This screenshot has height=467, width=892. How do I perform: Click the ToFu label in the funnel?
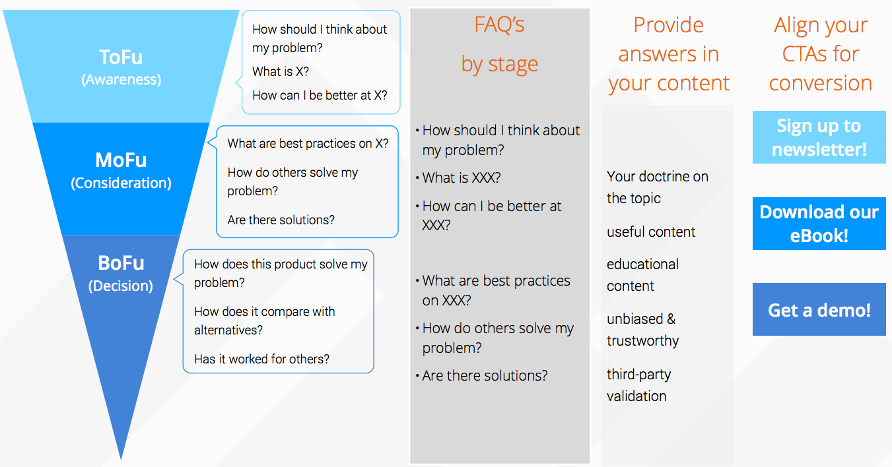point(121,57)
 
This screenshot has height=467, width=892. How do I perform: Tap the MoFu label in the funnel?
point(121,160)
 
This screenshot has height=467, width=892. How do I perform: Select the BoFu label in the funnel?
point(121,263)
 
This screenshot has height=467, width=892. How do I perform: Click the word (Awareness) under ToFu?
point(121,80)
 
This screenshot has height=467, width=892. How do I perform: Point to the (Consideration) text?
point(121,183)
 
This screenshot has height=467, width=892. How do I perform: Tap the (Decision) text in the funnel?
point(121,286)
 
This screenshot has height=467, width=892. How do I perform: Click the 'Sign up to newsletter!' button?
point(819,137)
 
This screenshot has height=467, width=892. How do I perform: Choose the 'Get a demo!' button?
point(819,309)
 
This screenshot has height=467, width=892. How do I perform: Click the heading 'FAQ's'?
point(499,24)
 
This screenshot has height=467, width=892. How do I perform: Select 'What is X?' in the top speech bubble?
point(281,72)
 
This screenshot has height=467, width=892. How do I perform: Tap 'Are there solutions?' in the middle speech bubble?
point(281,220)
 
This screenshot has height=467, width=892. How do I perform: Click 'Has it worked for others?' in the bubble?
point(261,359)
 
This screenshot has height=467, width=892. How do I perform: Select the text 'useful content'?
point(651,232)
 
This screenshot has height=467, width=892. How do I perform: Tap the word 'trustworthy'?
point(642,341)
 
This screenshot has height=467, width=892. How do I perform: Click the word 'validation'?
point(636,396)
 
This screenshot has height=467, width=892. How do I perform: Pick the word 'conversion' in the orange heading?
point(820,83)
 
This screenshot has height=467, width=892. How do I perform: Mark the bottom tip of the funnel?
point(121,460)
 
